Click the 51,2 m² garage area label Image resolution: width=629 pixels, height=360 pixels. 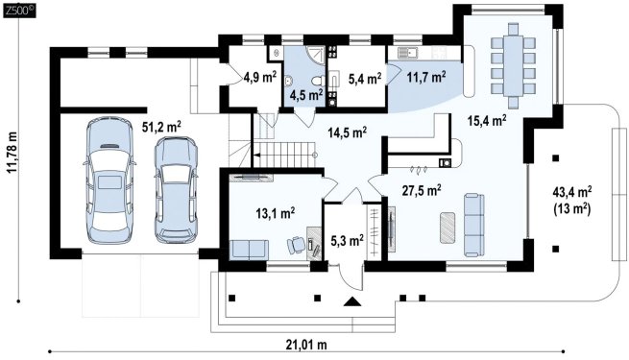(x=161, y=127)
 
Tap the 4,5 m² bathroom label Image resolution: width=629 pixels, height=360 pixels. (x=307, y=95)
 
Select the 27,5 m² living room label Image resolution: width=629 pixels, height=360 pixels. (x=422, y=190)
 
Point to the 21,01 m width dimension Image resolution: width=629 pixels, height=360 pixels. (x=306, y=345)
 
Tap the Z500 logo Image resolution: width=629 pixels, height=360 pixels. (x=19, y=12)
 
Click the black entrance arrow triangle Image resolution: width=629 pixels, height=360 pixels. (x=352, y=301)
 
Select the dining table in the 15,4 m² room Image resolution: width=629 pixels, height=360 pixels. (x=513, y=65)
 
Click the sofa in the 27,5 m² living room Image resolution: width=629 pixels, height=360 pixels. (x=474, y=225)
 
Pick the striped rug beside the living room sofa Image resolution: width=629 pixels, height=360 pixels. (x=448, y=228)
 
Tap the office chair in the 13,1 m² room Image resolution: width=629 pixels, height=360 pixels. (x=296, y=244)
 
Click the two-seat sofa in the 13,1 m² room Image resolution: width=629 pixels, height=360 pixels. (x=249, y=250)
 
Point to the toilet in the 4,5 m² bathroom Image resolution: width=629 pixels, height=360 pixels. (x=319, y=81)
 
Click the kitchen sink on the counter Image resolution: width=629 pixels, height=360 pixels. (x=407, y=52)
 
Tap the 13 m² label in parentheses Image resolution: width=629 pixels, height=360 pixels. (x=572, y=209)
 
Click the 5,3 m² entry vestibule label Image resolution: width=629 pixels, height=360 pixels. (x=347, y=241)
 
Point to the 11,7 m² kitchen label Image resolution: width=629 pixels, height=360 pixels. (x=426, y=77)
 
